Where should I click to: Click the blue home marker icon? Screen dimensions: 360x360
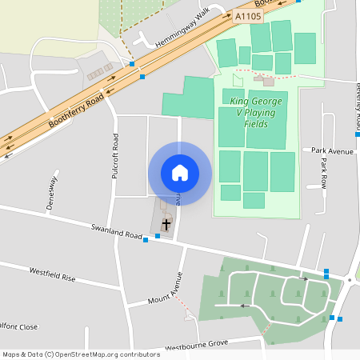(180, 172)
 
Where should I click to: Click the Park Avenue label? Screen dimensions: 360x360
(333, 150)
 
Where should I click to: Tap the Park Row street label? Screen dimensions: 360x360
(324, 173)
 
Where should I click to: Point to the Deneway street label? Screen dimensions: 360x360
(53, 192)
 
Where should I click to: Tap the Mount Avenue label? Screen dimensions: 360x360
(166, 289)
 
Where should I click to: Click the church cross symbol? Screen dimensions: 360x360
(166, 225)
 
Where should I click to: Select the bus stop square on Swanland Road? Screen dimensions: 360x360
(145, 239)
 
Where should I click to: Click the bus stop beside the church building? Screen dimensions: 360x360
(158, 236)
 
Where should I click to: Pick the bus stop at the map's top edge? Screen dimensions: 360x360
(298, 2)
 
